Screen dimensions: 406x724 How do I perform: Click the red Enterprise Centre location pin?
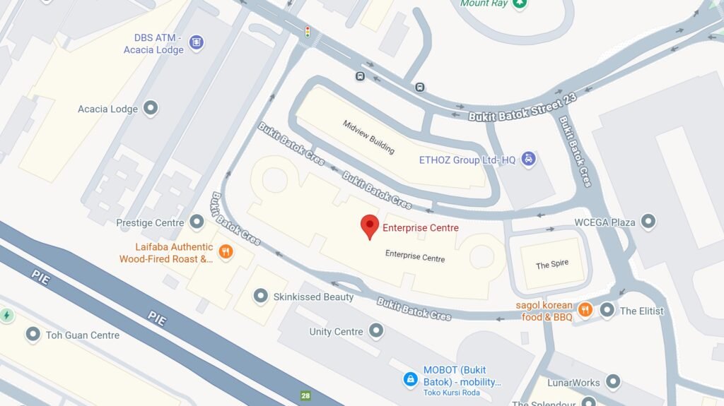(369, 226)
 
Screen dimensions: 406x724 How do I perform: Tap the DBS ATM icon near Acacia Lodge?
(197, 42)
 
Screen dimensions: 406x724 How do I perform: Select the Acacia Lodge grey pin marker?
(150, 108)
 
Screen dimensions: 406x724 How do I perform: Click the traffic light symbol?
(308, 31)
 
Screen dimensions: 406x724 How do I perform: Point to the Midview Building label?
(368, 137)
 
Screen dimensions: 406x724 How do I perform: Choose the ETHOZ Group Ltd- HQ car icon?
(528, 160)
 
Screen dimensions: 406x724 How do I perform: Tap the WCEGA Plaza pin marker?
(648, 222)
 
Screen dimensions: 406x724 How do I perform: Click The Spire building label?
(551, 265)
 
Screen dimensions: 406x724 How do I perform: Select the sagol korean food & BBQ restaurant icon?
(585, 309)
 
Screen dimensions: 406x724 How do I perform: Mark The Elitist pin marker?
(607, 310)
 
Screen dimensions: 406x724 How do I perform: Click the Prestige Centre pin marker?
(197, 222)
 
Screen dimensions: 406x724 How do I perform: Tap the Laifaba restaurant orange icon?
(226, 252)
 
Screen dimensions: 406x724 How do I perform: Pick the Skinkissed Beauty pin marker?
(261, 296)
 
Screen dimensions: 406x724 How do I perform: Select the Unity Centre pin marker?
(375, 330)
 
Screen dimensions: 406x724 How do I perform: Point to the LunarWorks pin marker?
(612, 382)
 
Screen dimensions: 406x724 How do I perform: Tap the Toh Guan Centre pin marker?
(33, 334)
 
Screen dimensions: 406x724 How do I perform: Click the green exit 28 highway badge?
(305, 396)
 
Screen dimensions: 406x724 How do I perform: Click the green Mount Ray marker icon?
(520, 4)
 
